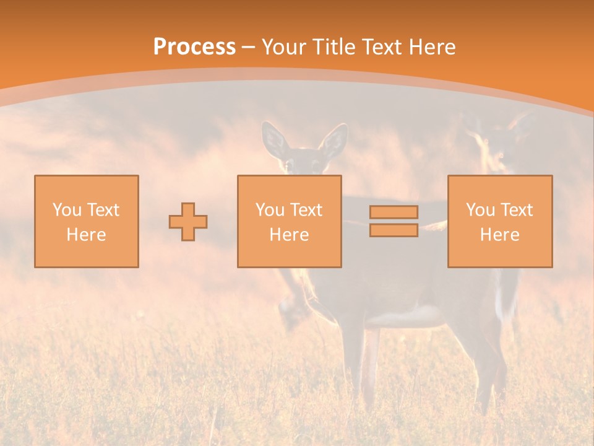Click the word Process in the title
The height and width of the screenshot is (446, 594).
(194, 47)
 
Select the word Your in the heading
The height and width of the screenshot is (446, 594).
(283, 47)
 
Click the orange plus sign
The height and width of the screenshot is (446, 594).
(188, 222)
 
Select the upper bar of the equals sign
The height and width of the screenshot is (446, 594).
(394, 212)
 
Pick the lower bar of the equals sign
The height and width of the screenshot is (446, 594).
(394, 230)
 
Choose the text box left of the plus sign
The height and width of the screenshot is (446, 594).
(87, 221)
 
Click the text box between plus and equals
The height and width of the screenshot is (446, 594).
(289, 221)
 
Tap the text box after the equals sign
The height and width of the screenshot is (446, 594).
(499, 221)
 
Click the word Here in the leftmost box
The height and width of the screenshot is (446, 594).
(86, 235)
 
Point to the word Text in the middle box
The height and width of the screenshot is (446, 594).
(307, 210)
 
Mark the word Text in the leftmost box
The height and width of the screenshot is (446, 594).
(104, 210)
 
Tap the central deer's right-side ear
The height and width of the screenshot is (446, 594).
(334, 142)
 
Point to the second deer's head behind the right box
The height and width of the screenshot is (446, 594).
(495, 146)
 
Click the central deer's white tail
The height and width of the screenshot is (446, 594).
(507, 297)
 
